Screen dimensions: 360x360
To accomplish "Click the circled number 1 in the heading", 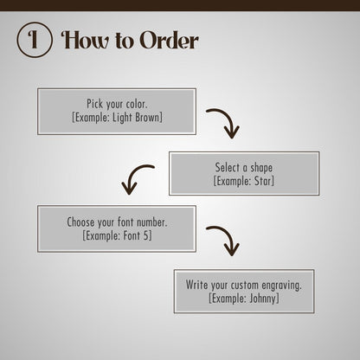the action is [x=35, y=40].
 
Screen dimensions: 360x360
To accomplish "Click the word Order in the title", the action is [x=170, y=40].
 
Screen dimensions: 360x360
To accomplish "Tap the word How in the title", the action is [x=86, y=40].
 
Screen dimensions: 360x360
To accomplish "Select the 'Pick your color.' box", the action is [x=117, y=112].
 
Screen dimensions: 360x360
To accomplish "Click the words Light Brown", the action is [x=136, y=118].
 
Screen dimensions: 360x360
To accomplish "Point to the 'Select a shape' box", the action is [x=244, y=173].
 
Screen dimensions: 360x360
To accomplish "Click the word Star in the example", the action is [x=262, y=181].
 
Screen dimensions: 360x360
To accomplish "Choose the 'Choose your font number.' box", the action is [x=117, y=228].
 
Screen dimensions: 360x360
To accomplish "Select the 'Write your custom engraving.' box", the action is [x=244, y=292].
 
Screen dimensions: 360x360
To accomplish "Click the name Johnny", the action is [x=262, y=299].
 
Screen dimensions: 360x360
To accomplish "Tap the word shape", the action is [x=261, y=168].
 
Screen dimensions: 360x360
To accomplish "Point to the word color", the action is [x=137, y=104].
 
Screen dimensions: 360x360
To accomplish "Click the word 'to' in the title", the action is [x=125, y=41].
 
